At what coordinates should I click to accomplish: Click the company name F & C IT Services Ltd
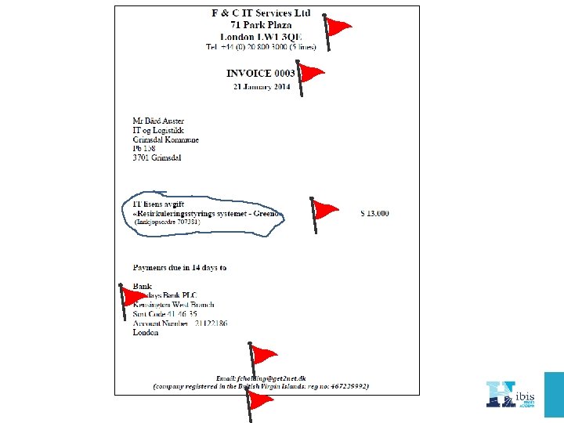click(261, 13)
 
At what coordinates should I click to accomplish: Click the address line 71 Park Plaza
click(261, 25)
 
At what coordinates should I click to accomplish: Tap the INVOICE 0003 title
click(261, 73)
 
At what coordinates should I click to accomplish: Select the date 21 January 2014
click(262, 87)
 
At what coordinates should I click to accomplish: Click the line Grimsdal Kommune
click(165, 140)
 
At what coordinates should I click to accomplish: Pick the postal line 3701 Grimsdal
click(157, 158)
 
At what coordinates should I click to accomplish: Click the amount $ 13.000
click(374, 213)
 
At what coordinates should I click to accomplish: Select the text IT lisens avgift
click(160, 204)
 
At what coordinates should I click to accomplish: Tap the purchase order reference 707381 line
click(167, 222)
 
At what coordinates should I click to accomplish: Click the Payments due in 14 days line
click(179, 268)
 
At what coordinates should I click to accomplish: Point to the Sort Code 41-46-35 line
click(164, 314)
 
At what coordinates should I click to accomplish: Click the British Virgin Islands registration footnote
click(260, 386)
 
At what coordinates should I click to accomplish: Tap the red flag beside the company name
click(338, 28)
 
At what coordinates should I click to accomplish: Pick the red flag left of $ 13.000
click(323, 210)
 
